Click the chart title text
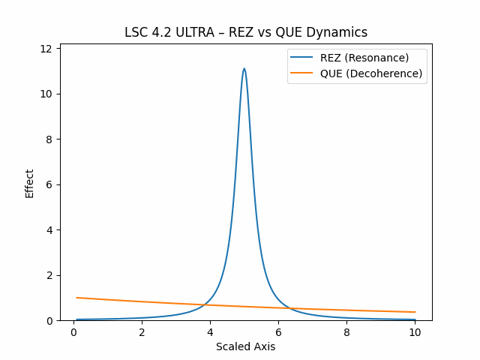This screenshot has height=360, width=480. (x=246, y=32)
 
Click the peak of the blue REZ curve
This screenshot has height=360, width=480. (x=244, y=68)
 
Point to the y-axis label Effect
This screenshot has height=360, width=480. (x=30, y=183)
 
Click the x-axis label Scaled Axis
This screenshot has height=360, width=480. (x=245, y=346)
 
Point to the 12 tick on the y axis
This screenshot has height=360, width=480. (x=46, y=49)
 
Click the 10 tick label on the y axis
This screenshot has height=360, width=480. (x=46, y=94)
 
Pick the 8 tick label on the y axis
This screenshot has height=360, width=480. (x=49, y=139)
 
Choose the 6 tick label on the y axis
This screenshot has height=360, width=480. (x=49, y=184)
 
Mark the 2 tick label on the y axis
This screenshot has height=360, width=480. (x=49, y=275)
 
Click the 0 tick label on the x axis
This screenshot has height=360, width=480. (x=73, y=332)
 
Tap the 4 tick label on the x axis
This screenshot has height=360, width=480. (x=210, y=332)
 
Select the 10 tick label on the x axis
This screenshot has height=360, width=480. (x=415, y=332)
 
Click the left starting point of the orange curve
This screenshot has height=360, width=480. (x=77, y=298)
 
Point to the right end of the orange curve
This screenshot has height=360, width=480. (x=415, y=312)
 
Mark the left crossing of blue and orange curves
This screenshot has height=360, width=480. (x=206, y=304)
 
